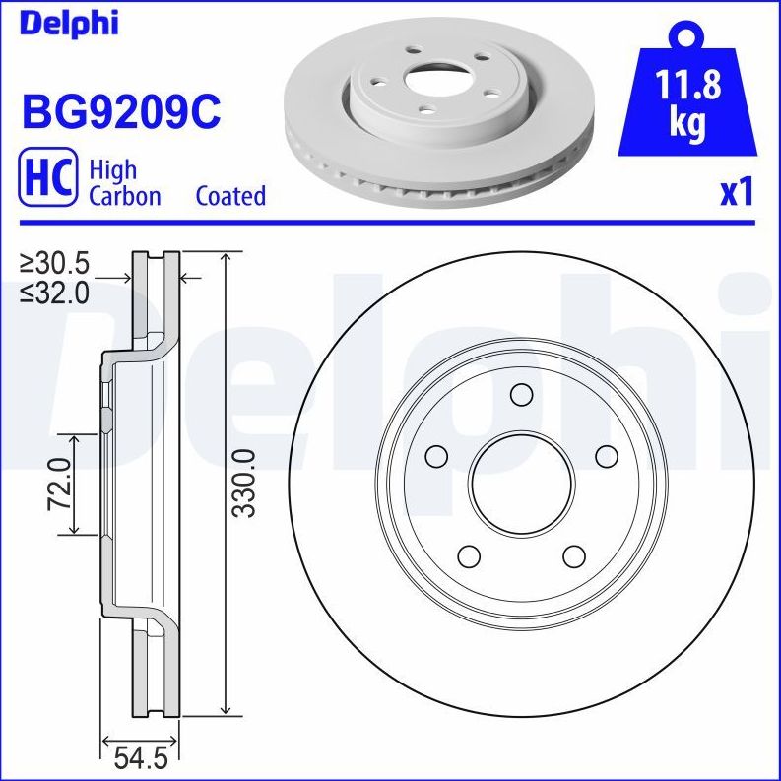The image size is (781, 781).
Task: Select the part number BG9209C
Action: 121,111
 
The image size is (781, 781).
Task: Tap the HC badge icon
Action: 47,178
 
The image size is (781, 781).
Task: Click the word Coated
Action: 230,196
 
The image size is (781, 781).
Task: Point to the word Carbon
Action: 125,196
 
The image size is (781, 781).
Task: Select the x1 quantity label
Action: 736,193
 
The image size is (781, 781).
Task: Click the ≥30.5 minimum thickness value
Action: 55,263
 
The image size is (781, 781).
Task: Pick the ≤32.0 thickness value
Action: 55,292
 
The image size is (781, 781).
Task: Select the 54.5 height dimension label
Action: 140,759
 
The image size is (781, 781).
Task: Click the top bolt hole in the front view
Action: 521,395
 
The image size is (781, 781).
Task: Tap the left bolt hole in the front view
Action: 434,456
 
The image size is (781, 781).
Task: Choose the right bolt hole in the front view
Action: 607,456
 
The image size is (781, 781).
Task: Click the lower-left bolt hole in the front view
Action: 468,556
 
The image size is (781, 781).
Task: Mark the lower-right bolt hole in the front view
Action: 573,556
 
